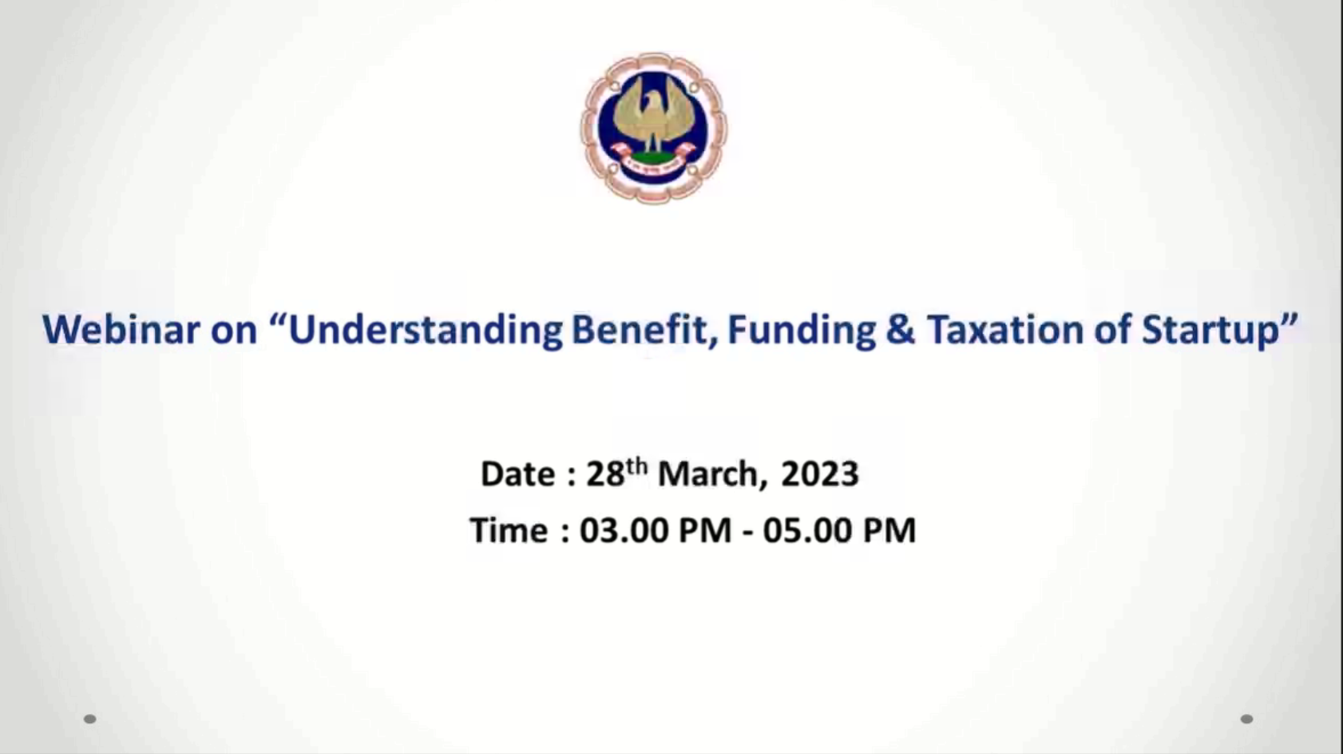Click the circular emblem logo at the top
click(x=653, y=129)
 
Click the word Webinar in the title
click(x=121, y=329)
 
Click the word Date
click(x=518, y=474)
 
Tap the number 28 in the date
click(x=605, y=474)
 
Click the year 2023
click(x=819, y=474)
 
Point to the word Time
click(x=509, y=530)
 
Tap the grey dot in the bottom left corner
click(x=90, y=719)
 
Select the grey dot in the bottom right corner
click(x=1246, y=719)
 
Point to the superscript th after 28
click(x=636, y=466)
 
